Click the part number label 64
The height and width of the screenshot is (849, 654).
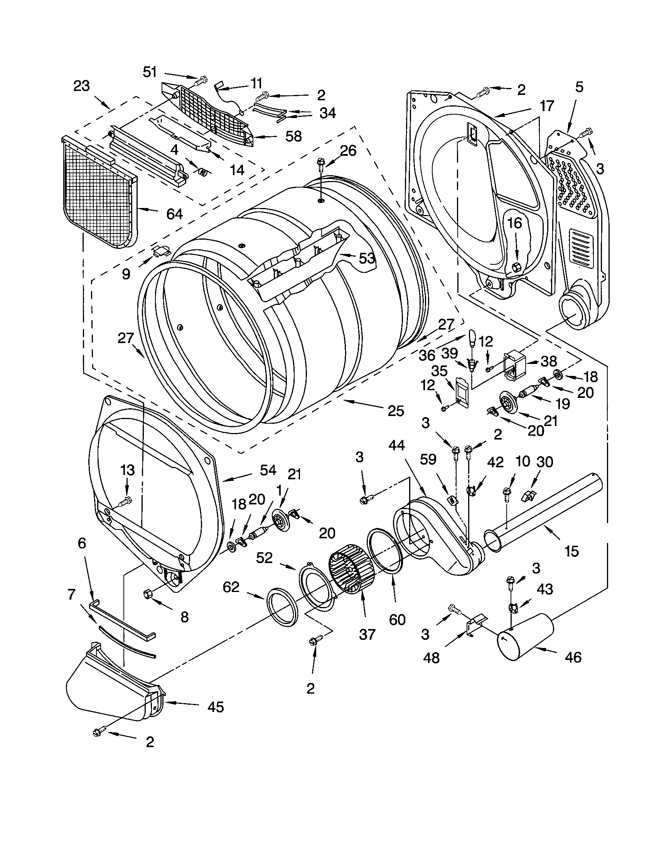(x=174, y=214)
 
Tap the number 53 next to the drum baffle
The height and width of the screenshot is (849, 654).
(x=367, y=258)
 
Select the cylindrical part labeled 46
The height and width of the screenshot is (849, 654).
(x=524, y=637)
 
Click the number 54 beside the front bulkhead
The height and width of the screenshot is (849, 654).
(x=268, y=470)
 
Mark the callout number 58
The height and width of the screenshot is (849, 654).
(x=293, y=137)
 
